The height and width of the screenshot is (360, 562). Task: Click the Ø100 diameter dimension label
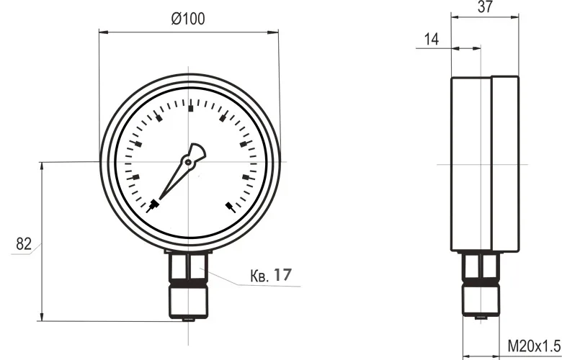188,19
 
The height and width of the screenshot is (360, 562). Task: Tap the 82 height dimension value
24,244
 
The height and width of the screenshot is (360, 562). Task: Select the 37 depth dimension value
486,6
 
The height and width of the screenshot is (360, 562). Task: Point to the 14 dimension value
432,39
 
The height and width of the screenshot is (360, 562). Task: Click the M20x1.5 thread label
534,346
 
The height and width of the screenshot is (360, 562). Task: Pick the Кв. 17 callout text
271,275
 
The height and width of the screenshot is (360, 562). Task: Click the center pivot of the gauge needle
188,162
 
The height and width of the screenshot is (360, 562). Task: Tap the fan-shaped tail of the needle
197,151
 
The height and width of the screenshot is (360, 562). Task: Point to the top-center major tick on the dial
190,108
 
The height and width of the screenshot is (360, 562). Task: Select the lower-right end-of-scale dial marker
231,207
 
